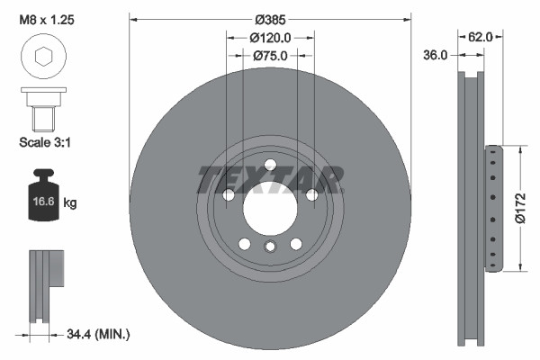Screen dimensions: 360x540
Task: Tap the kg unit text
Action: point(70,203)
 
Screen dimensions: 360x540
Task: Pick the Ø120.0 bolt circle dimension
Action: point(270,38)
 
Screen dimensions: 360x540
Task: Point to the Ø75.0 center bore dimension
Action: point(270,56)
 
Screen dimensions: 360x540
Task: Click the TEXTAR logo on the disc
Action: point(270,179)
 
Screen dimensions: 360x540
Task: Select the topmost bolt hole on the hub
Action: point(269,163)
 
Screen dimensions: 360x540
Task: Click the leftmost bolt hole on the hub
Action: point(229,194)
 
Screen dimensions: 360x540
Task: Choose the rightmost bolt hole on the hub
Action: point(311,194)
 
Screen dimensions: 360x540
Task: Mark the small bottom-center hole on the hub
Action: point(269,247)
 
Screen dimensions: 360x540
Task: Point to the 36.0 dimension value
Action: point(436,56)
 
